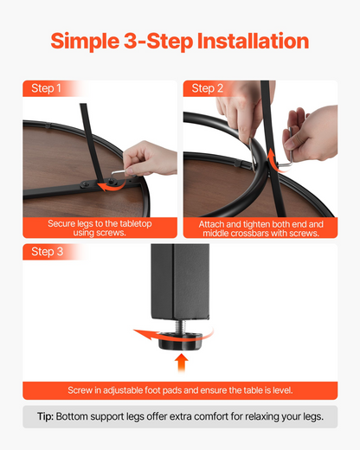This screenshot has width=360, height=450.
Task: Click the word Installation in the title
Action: (253, 41)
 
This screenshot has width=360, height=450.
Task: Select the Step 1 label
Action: (46, 88)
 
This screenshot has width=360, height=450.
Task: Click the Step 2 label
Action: (208, 88)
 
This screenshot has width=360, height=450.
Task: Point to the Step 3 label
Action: (47, 252)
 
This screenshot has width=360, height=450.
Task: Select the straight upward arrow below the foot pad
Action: (182, 363)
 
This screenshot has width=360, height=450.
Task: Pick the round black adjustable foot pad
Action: (181, 341)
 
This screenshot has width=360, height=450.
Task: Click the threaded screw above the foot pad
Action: (181, 326)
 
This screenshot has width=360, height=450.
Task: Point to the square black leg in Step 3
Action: (180, 281)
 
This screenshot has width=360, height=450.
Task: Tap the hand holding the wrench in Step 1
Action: (150, 158)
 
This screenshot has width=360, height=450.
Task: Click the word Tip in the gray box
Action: (45, 417)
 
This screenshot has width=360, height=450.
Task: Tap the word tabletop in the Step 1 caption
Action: (136, 223)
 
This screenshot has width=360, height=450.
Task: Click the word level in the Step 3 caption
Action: (283, 390)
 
